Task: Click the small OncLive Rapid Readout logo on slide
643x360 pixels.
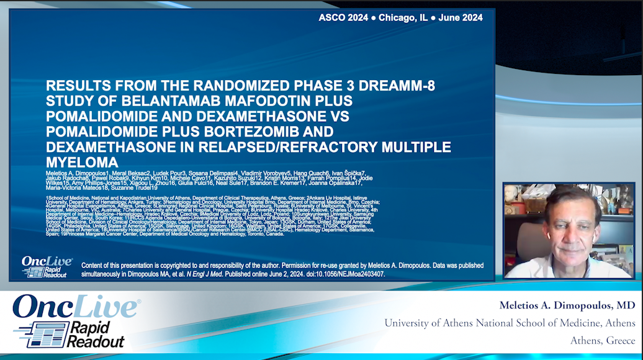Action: [x=47, y=266]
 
